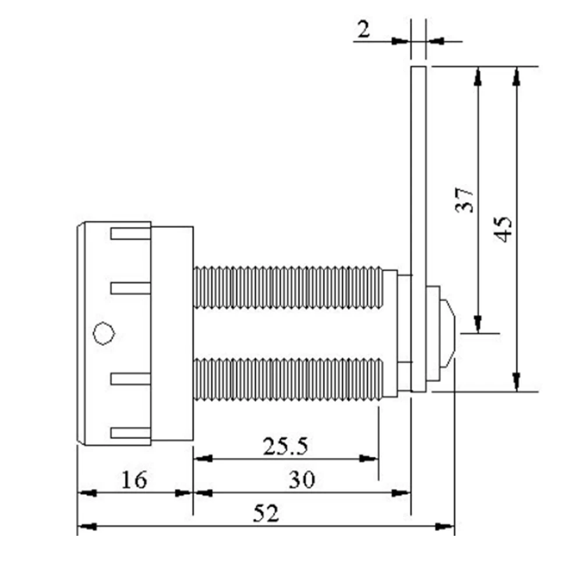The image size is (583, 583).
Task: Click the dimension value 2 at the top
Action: [364, 29]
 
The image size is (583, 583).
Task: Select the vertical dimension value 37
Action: [465, 200]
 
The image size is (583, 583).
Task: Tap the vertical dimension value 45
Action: [504, 229]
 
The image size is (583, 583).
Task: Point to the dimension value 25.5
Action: [285, 447]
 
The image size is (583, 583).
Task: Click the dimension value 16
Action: [134, 480]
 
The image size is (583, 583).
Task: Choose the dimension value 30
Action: [302, 480]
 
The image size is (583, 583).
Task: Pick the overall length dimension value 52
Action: [266, 514]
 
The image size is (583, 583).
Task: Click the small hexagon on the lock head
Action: [104, 333]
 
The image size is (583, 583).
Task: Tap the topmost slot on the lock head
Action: [131, 234]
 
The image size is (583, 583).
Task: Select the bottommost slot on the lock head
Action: [131, 433]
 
